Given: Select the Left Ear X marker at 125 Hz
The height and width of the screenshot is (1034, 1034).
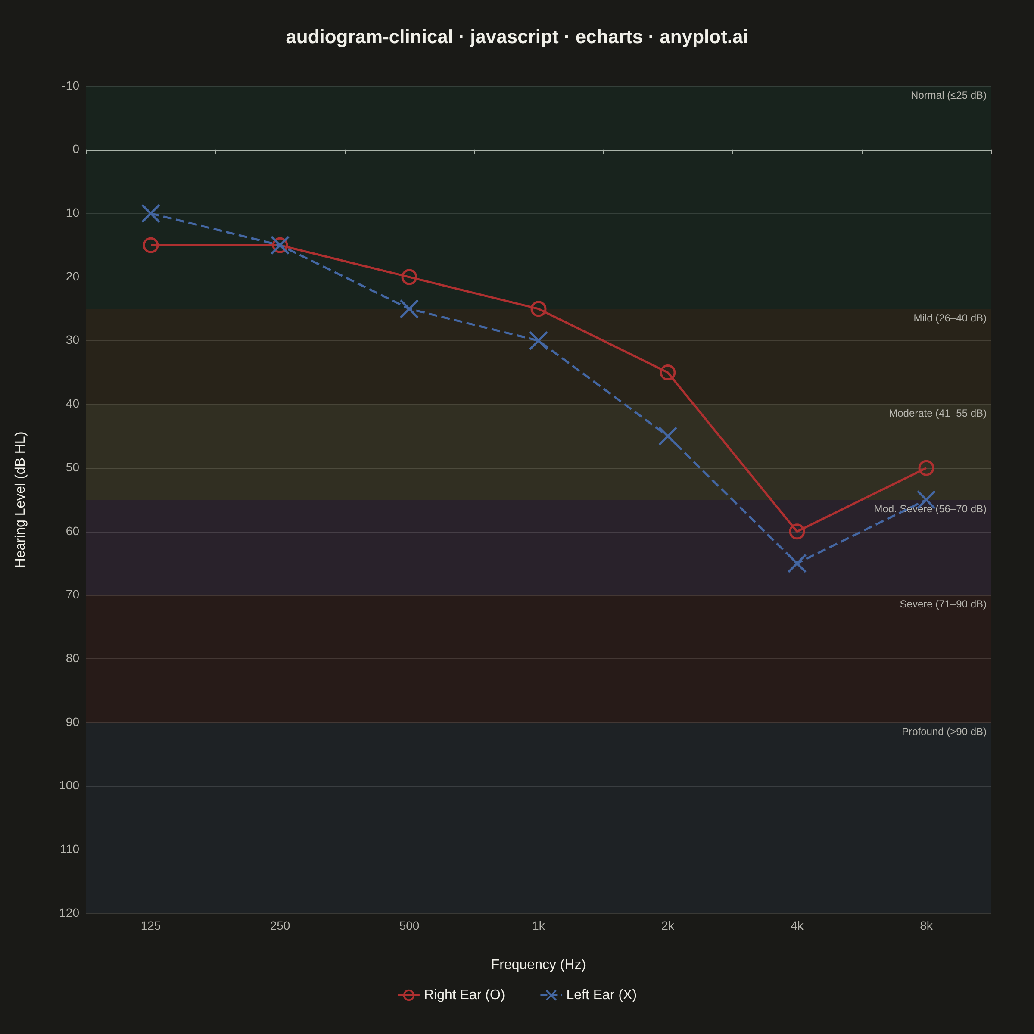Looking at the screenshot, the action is pos(150,213).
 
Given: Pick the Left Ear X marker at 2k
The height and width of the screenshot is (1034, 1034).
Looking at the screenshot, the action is pos(667,436).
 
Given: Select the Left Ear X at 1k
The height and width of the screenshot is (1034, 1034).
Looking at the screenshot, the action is pos(539,340).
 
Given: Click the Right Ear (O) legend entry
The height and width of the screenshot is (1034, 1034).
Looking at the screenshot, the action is pos(452,994).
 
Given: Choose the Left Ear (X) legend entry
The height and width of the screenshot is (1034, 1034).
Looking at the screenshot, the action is pos(589,994).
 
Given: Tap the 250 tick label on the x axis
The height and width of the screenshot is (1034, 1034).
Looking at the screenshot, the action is pos(280,925).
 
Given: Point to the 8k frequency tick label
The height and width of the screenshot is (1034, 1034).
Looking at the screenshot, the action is pos(926,925).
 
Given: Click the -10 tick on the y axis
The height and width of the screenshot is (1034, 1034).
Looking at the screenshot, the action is pos(71,86).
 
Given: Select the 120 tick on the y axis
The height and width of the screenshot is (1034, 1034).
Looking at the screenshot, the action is pos(69,913).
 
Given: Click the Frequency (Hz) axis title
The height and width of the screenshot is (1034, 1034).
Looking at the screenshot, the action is pos(539,964).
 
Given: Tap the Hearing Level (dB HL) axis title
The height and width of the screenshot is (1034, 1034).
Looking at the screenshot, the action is pos(20,500).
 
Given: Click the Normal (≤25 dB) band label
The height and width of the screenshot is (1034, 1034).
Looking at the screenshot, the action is pos(948,95).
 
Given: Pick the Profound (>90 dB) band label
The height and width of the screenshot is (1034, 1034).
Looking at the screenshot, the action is pos(944,731).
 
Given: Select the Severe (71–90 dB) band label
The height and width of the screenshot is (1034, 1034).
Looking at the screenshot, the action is pos(943,604).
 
